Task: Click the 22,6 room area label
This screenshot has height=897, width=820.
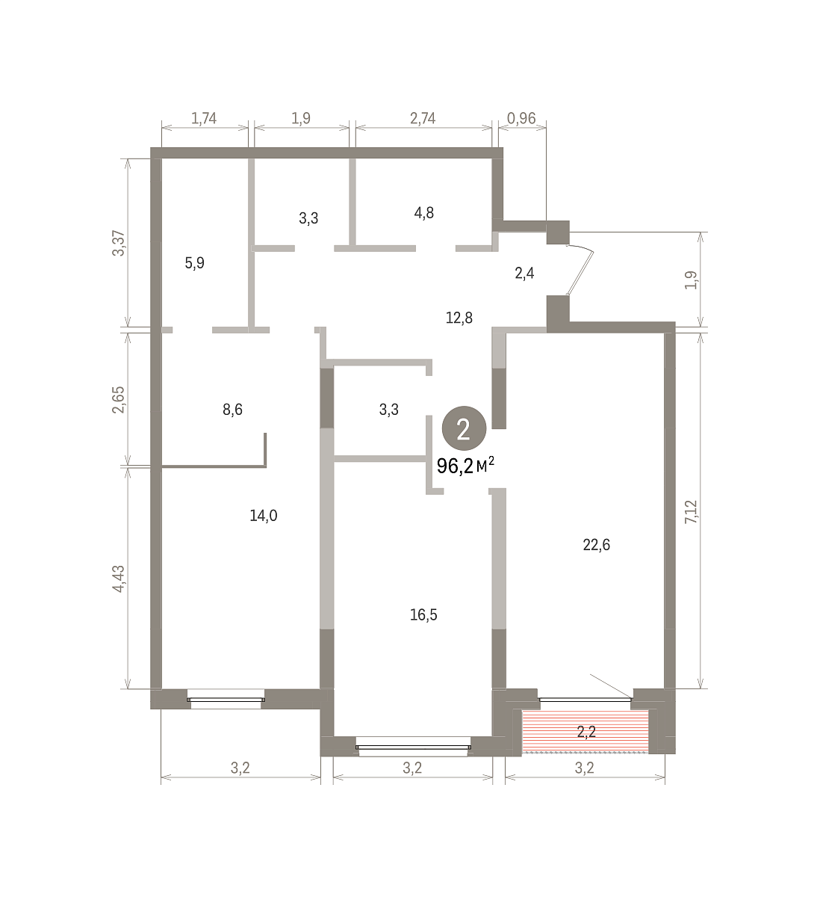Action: pos(596,545)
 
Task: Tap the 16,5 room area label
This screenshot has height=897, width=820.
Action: pos(423,615)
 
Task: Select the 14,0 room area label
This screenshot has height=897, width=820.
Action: pos(263,516)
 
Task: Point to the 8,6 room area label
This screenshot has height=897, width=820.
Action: pos(232,409)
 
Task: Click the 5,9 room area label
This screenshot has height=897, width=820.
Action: pos(194,263)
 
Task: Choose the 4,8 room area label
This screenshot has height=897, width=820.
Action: pos(423,213)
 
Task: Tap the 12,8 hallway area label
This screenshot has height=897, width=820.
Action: pos(459,318)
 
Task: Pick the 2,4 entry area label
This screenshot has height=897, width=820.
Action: pos(524,273)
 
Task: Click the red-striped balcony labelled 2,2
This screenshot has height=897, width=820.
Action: pos(586,732)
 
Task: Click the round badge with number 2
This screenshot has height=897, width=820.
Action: pos(464,430)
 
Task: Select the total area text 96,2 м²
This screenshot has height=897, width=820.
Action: pos(465,466)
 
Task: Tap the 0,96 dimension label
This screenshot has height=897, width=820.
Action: pos(521,119)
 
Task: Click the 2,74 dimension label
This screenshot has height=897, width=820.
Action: pos(423,119)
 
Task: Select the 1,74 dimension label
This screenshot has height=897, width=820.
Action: pos(204,119)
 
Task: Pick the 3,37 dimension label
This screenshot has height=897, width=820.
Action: pos(119,243)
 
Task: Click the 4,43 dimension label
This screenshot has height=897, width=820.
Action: pos(119,579)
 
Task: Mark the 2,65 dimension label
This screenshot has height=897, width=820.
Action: pos(119,399)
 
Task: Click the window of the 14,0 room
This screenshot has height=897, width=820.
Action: pos(226,702)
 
